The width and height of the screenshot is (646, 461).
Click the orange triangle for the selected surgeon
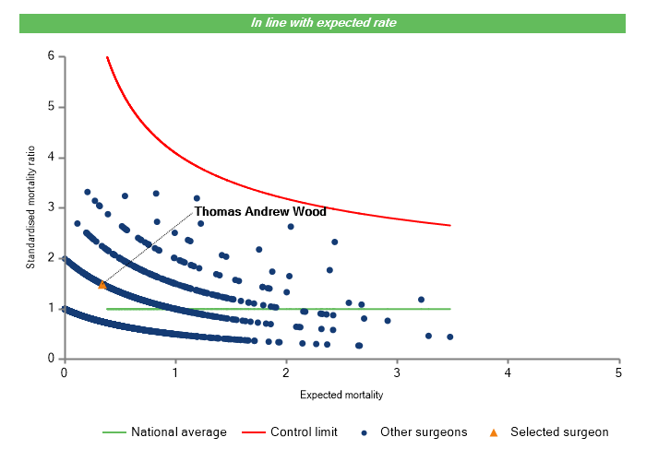[102, 285]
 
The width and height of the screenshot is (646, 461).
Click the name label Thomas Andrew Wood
[260, 212]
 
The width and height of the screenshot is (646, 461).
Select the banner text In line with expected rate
[323, 23]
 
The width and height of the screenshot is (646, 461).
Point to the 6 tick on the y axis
[51, 56]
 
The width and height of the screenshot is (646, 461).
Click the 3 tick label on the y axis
[51, 207]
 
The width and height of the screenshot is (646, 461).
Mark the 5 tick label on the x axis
[618, 372]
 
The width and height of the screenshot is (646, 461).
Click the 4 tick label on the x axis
[508, 372]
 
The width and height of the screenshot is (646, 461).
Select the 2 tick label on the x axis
[286, 372]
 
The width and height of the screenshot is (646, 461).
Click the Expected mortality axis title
[341, 395]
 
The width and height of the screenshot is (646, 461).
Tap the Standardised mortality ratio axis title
[30, 207]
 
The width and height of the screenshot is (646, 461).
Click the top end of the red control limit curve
[107, 57]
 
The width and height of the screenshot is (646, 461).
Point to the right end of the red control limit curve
[450, 225]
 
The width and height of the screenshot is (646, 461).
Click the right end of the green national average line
[450, 309]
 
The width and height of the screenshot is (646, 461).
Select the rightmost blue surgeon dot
[449, 337]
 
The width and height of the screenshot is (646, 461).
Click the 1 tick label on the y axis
[51, 309]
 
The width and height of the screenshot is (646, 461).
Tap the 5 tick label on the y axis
[51, 107]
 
